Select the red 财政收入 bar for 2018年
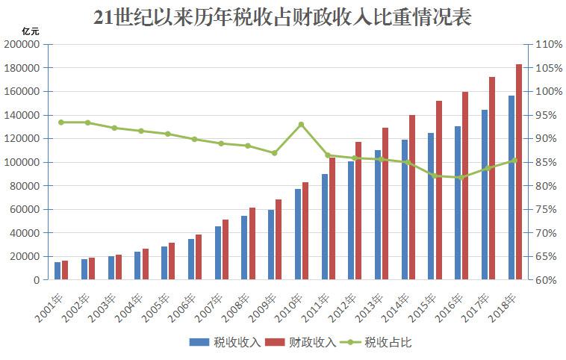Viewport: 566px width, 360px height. [519, 172]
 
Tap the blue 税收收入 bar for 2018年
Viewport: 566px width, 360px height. [511, 187]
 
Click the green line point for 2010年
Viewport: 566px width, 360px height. [301, 125]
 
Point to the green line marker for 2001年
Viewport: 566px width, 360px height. [61, 122]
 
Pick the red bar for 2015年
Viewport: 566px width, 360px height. [439, 190]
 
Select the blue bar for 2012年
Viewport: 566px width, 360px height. [351, 220]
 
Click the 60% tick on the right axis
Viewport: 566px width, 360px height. [542, 280]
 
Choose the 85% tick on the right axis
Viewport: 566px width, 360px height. [542, 162]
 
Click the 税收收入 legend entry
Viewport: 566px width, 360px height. [224, 342]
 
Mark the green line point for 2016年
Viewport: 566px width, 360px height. [461, 178]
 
